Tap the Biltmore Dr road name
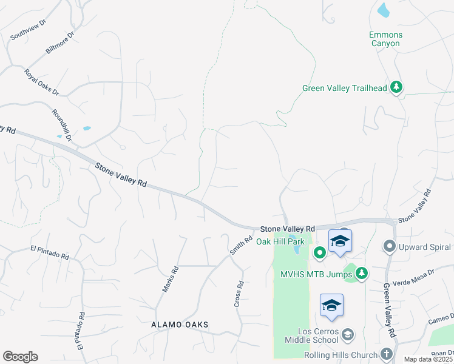(x=59, y=44)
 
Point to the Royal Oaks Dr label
(x=42, y=83)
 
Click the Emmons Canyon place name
(x=385, y=39)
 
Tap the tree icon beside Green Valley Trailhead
(x=396, y=87)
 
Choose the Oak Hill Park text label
(x=280, y=241)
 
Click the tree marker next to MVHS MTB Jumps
(x=362, y=274)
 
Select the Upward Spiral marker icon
(x=389, y=246)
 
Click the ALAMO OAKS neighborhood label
(x=179, y=325)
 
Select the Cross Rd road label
(x=240, y=293)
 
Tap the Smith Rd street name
(x=240, y=245)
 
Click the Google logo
(x=20, y=357)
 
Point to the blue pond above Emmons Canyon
(x=383, y=10)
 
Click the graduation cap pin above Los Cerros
(x=331, y=306)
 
